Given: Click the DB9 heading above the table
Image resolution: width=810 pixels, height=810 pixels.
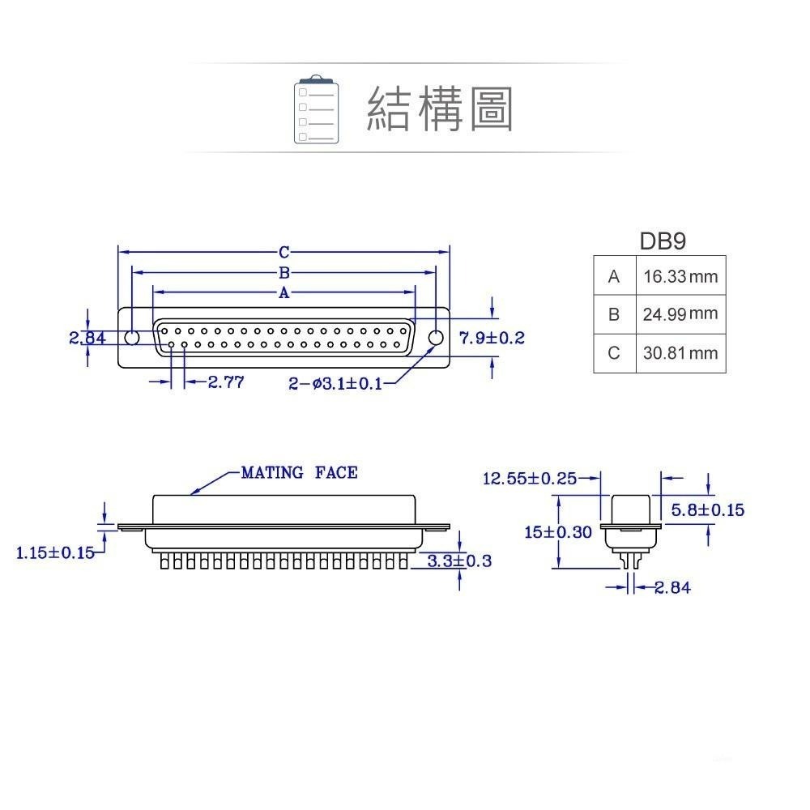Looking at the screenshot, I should pos(663,241).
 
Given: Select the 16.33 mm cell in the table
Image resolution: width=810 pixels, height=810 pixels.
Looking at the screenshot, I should pos(680,276).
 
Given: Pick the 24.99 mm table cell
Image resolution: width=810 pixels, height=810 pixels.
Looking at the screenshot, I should pos(680,313).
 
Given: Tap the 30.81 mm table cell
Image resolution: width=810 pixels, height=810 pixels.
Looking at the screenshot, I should pos(680,353).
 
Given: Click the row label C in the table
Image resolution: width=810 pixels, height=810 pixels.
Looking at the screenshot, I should pos(614,353).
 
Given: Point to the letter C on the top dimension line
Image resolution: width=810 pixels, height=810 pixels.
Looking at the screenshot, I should pos(284,252).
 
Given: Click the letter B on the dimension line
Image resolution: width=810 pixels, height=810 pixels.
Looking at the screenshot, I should pos(284,272).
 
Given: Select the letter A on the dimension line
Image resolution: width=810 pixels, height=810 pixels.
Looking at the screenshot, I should pos(284,292).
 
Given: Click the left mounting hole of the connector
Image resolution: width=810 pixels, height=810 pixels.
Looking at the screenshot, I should pos(132,338).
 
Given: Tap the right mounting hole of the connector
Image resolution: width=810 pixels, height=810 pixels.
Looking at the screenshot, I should pos(436,338).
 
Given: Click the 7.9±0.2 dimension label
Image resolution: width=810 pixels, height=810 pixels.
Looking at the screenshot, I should pos(492,338).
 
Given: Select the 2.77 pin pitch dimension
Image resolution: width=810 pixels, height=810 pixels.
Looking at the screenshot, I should pos(226,382).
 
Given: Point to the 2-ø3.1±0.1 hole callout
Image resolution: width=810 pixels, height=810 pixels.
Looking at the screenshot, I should pos(335,383).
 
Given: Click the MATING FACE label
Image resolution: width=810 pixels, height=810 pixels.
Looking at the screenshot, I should pos(299,472).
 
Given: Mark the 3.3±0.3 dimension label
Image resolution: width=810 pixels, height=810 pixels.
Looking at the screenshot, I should pos(459,561).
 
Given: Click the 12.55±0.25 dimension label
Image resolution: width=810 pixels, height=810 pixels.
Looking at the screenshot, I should pos(530,479).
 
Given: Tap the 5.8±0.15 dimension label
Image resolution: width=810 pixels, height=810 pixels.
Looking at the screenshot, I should pos(708,509).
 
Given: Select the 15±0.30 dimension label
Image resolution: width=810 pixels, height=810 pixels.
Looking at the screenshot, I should pos(558,532).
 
